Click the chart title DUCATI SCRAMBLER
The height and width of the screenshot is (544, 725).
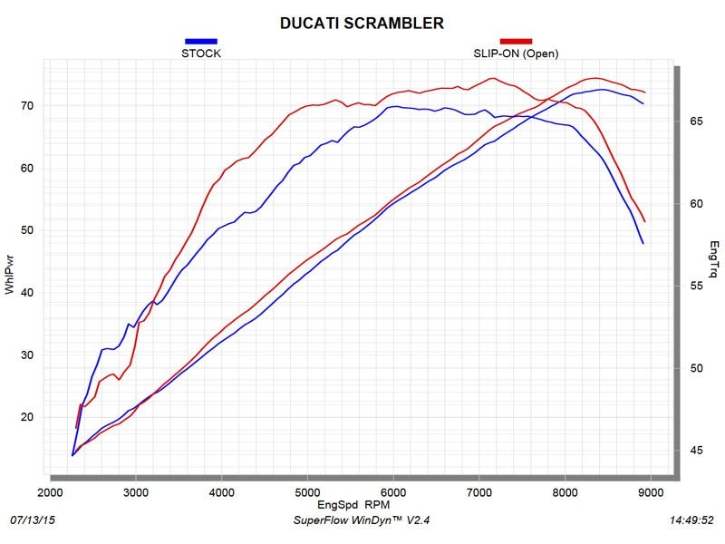tap(362, 22)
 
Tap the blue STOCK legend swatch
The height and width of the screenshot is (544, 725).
tap(201, 41)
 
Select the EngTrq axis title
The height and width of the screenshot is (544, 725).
tap(714, 258)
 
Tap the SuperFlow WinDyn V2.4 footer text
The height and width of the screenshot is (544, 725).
tap(362, 521)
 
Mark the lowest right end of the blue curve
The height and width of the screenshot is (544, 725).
tap(643, 243)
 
